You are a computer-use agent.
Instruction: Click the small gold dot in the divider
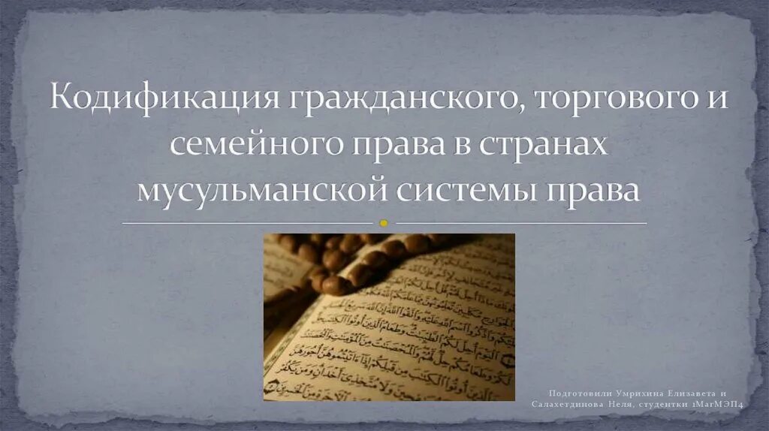click(x=384, y=223)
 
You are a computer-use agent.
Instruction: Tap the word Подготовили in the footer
click(x=578, y=393)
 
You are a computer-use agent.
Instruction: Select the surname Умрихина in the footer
click(x=641, y=393)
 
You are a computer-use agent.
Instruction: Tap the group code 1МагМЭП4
click(x=719, y=405)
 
